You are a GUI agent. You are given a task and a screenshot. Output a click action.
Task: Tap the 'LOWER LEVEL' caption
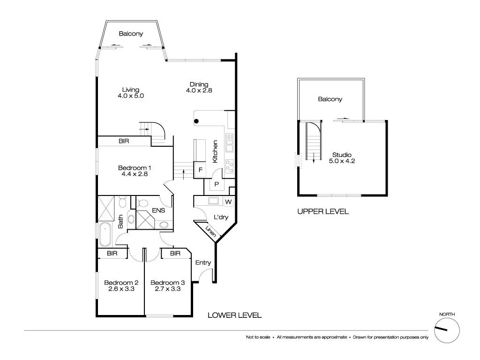[234, 315]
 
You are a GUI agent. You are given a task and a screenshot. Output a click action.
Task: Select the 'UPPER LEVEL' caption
[323, 211]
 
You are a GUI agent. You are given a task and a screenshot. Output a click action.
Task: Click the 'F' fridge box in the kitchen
[200, 170]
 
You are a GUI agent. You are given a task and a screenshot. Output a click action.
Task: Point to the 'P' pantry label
[217, 185]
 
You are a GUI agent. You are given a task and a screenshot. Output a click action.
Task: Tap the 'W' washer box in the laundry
[228, 202]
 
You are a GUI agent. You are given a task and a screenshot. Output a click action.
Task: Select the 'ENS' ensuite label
[158, 211]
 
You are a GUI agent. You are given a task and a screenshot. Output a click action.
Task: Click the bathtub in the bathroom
[105, 234]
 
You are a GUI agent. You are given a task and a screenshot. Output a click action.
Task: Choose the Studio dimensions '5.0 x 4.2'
[342, 161]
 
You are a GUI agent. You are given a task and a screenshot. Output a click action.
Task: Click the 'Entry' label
[203, 262]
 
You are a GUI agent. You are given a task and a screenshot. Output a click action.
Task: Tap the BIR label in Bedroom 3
[175, 254]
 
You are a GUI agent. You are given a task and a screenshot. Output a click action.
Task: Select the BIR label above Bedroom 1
[124, 141]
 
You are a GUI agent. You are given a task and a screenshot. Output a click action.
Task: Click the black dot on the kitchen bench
[197, 121]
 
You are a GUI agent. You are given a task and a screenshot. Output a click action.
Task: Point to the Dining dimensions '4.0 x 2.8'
[199, 91]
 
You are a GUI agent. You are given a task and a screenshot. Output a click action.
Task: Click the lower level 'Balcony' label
[131, 34]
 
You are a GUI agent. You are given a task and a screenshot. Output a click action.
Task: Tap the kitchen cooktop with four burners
[230, 166]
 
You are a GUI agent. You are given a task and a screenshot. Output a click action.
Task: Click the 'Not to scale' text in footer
[259, 337]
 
